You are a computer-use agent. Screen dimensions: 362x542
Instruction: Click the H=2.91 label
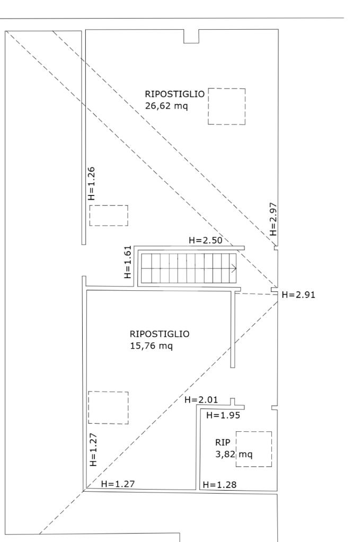coord(299,295)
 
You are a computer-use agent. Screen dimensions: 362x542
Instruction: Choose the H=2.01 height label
coord(201,399)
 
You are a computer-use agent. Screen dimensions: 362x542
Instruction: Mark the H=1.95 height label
coord(223,415)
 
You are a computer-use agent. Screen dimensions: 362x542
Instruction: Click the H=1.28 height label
coord(219,484)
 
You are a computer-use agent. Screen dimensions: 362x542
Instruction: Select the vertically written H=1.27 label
coord(93,450)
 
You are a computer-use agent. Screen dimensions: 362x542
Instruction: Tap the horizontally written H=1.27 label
coord(118,483)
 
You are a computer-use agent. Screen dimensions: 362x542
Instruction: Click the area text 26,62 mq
coord(166,105)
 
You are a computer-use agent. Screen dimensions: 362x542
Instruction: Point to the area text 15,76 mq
coord(152,346)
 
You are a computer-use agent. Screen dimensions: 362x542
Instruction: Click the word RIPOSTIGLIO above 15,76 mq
coord(160,334)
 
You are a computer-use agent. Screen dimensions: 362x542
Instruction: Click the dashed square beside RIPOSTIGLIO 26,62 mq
coord(227,106)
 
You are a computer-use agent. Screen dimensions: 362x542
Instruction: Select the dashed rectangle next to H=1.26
coord(109,216)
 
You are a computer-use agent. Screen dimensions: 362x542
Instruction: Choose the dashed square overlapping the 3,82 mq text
coord(254,449)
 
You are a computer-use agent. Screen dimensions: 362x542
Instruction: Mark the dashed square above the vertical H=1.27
coord(108,407)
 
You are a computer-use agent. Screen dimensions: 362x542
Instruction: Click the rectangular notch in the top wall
coord(191,36)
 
